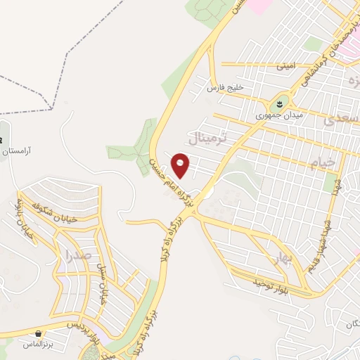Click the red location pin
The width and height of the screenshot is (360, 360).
(x=181, y=165)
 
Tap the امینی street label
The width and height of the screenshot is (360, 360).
(x=286, y=66)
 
